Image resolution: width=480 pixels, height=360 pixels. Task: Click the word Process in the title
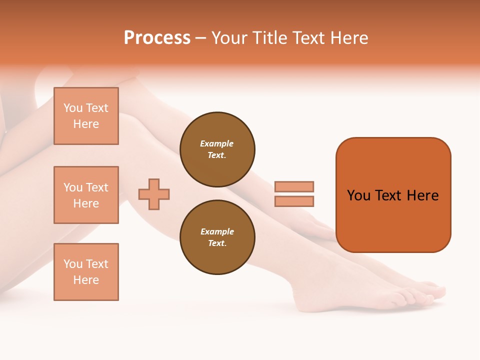[x=157, y=38]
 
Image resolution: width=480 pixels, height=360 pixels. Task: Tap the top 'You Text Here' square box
[x=86, y=116]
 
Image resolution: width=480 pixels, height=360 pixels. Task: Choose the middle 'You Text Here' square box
[x=86, y=195]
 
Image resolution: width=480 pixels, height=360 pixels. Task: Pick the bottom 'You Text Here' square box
[x=86, y=272]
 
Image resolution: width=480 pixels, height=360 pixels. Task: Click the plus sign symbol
[x=154, y=194]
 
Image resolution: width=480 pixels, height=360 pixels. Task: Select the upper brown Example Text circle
[x=217, y=149]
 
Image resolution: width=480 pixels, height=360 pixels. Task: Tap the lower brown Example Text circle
[x=217, y=237]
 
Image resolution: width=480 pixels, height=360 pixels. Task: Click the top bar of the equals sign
[x=294, y=186]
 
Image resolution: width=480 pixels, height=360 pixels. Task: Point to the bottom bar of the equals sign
[x=294, y=201]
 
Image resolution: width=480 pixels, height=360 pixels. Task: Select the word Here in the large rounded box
[x=422, y=195]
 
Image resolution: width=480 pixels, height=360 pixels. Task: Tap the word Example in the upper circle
[x=216, y=143]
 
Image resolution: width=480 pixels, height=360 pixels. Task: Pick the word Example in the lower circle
[x=217, y=231]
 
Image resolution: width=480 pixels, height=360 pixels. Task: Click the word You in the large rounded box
[x=358, y=195]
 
